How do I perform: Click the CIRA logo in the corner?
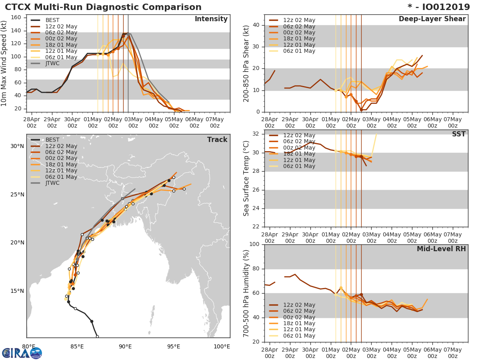[22, 353]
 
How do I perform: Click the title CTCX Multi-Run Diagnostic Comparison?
[103, 7]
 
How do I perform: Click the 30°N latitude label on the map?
[17, 146]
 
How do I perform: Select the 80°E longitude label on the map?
[28, 346]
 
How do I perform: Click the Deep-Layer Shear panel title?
[432, 19]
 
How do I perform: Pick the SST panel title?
[458, 134]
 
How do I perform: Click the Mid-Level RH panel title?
[441, 249]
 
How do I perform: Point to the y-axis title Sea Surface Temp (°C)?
[246, 178]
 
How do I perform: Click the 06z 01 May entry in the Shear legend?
[299, 51]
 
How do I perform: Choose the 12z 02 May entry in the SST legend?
[299, 136]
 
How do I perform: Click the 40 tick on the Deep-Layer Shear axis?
[257, 25]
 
